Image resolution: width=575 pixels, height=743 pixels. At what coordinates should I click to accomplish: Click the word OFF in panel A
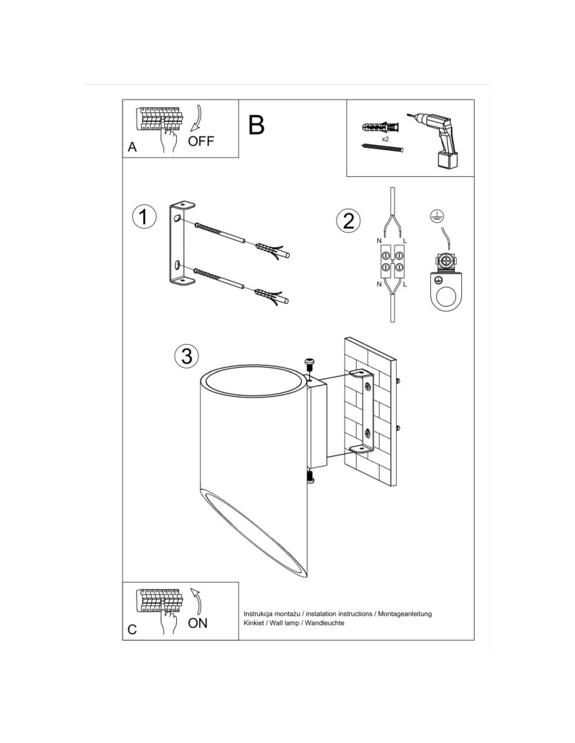(x=201, y=141)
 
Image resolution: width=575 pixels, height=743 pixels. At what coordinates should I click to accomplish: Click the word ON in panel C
(x=198, y=623)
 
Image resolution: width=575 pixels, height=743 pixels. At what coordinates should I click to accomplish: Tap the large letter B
(x=256, y=125)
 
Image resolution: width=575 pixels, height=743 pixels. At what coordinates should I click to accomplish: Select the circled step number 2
(x=348, y=221)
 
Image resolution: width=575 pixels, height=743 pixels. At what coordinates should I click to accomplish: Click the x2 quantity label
(x=386, y=139)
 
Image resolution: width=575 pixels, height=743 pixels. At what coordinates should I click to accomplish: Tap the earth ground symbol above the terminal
(x=437, y=216)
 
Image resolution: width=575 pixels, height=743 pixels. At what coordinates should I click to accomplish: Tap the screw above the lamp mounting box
(x=309, y=363)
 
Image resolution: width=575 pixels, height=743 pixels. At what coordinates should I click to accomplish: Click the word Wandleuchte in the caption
(x=325, y=623)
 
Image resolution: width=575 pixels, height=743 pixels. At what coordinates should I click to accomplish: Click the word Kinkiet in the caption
(x=256, y=623)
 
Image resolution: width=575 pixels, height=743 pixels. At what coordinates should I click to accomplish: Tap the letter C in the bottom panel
(x=132, y=629)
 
